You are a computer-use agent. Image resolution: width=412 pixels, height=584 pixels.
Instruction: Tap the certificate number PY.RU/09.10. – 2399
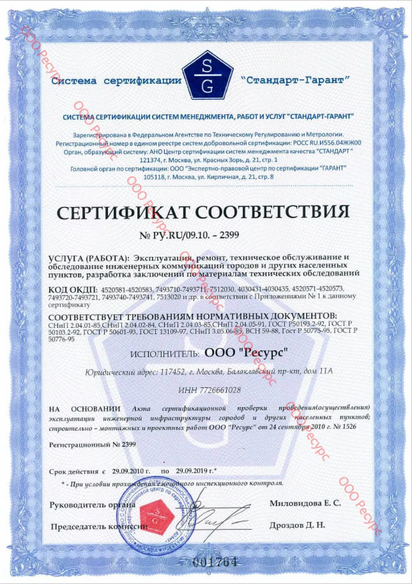(x=189, y=235)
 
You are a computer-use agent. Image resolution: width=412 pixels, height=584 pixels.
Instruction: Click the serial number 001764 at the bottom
(x=215, y=562)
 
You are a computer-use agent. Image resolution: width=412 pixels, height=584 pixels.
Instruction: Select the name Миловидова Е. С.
(x=305, y=503)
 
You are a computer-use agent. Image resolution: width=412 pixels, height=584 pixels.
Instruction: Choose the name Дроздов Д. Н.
(x=297, y=525)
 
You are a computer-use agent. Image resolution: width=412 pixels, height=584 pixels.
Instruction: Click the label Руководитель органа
(x=92, y=505)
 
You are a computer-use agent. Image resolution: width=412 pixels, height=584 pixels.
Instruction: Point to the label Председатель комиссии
(x=99, y=526)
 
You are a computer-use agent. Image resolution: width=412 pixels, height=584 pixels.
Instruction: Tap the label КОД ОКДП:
(x=73, y=288)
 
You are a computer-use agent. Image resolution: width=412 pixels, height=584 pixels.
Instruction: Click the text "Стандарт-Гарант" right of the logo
(x=295, y=80)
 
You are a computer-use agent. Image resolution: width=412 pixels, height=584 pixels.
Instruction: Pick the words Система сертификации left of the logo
(x=116, y=80)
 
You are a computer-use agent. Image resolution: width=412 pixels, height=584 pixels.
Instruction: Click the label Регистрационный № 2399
(x=92, y=445)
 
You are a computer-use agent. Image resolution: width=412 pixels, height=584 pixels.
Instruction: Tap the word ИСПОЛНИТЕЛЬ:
(x=165, y=354)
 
